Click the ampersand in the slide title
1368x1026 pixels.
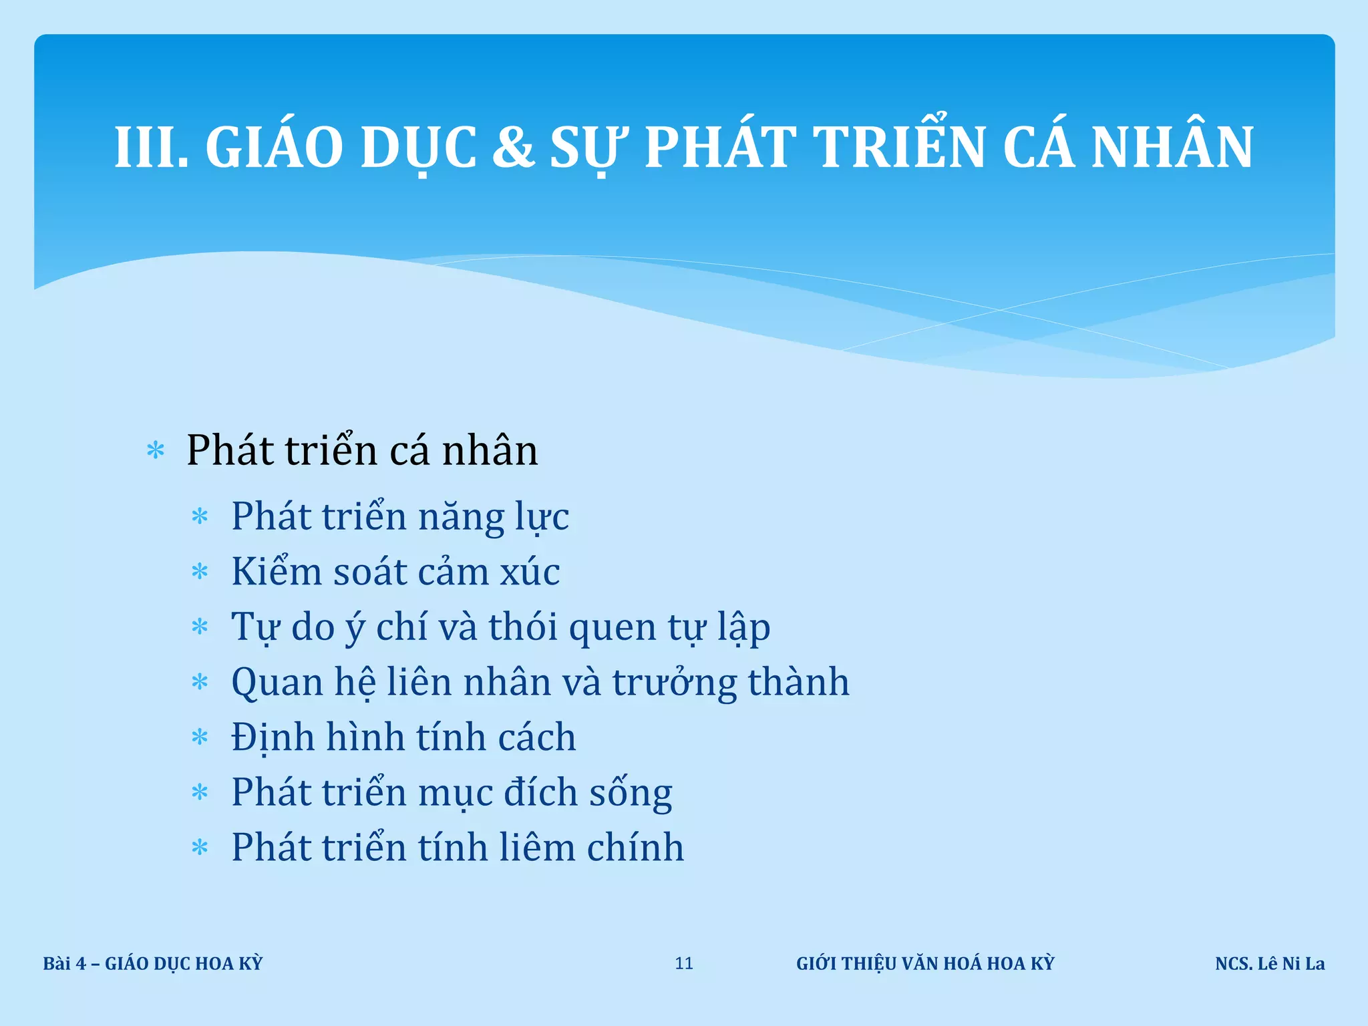(x=513, y=147)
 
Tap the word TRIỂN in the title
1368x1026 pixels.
(x=898, y=147)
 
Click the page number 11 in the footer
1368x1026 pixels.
(x=684, y=963)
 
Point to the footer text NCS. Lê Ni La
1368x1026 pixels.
(x=1270, y=963)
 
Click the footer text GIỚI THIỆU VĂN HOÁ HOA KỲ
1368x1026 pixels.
(x=925, y=963)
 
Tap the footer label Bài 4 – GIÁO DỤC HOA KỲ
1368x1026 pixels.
(x=153, y=963)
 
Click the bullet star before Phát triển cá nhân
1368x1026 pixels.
(x=156, y=451)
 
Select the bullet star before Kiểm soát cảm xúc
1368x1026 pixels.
(x=200, y=572)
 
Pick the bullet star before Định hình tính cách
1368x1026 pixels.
(x=200, y=738)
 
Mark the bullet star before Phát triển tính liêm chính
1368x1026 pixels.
(x=200, y=848)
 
